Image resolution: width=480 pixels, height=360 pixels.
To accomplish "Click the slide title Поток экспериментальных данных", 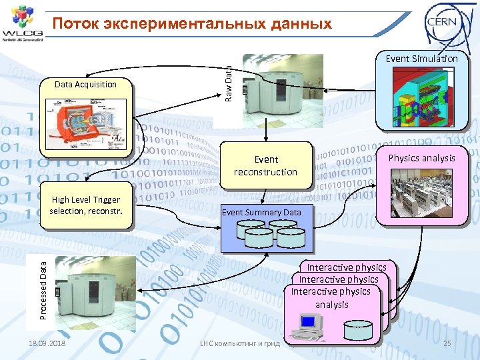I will point(192,24).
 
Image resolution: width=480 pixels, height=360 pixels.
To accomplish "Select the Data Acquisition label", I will point(85,85).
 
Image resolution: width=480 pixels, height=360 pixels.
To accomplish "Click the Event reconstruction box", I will point(265,165).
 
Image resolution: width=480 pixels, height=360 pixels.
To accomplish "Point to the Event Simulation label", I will point(421,59).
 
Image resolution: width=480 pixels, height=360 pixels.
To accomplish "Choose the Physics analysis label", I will point(421,158).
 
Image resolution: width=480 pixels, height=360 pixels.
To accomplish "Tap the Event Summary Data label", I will point(261,213).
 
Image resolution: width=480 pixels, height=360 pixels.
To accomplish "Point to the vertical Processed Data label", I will point(43,291).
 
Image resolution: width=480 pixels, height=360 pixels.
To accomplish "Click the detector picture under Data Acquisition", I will point(85,121).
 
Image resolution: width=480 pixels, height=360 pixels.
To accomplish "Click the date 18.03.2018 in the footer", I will point(47,343).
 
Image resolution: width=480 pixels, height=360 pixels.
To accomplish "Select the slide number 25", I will point(447,343).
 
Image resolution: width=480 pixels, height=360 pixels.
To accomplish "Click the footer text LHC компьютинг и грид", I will point(240,343).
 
